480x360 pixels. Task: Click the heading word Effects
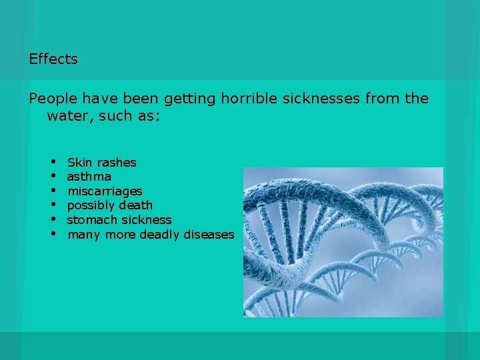coord(53,59)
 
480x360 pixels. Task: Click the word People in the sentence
coord(53,99)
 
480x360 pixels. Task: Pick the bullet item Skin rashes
coord(101,162)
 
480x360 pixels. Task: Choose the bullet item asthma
coord(89,177)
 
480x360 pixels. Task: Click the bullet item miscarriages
coord(105,191)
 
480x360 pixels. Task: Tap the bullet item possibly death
coord(109,205)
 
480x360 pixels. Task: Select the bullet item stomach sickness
coord(119,220)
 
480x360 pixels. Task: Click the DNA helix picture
coord(343,241)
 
